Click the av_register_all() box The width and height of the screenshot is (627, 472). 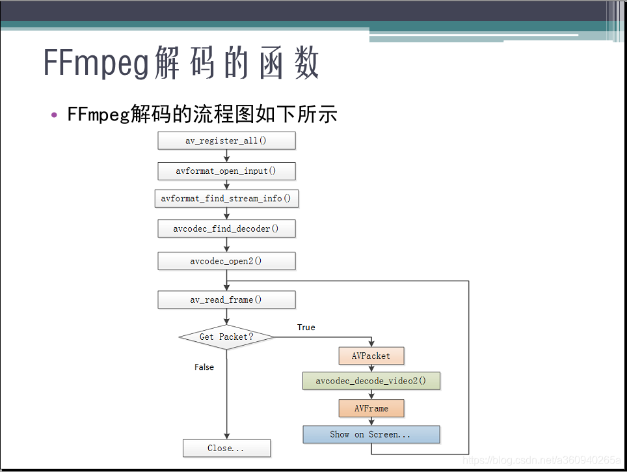[x=227, y=141]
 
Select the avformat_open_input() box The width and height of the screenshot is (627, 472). [x=227, y=171]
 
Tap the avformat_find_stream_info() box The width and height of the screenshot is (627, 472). [x=227, y=199]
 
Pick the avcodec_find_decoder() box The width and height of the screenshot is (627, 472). [x=227, y=229]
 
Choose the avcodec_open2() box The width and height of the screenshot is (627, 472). [x=227, y=261]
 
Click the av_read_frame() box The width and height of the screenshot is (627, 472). [x=227, y=300]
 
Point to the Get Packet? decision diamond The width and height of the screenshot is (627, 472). [x=227, y=337]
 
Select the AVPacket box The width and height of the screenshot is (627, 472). [x=371, y=356]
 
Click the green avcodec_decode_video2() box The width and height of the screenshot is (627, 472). [x=371, y=381]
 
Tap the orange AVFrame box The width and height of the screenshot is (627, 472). [x=371, y=408]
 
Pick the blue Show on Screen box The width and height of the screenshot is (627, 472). [x=371, y=435]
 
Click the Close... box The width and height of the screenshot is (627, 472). [x=227, y=449]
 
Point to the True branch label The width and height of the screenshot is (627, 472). [x=306, y=327]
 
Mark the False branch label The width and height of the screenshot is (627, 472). [x=204, y=367]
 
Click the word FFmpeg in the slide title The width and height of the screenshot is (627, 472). [x=96, y=62]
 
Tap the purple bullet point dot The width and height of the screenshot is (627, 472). [x=55, y=115]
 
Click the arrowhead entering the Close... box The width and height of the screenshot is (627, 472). [x=227, y=436]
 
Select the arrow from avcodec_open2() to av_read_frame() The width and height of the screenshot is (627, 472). [x=227, y=281]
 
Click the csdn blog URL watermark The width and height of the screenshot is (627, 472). [x=542, y=460]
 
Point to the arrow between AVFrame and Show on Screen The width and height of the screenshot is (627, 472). [x=371, y=422]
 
